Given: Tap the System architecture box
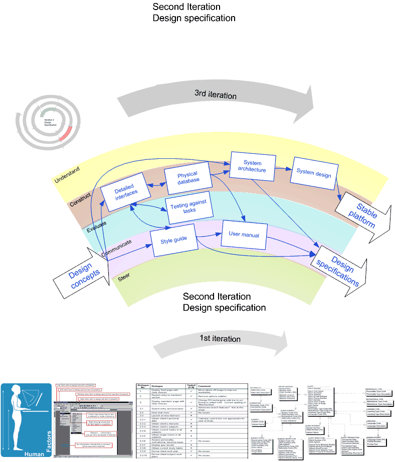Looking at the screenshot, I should point(252,166).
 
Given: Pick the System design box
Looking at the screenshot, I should point(314,175).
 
